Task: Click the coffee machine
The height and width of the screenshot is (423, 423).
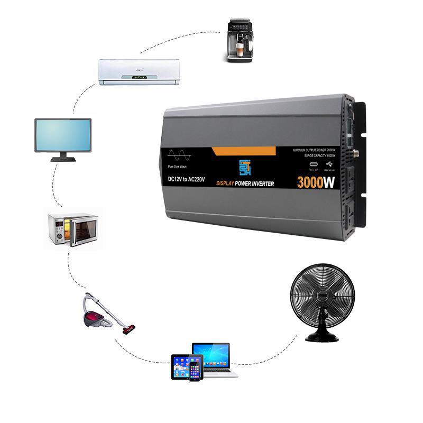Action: click(240, 40)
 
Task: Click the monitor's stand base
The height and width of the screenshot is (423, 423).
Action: click(63, 159)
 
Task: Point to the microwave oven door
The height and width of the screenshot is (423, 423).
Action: click(82, 231)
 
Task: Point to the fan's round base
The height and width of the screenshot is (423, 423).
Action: click(322, 337)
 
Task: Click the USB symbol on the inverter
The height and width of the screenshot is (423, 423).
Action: click(330, 164)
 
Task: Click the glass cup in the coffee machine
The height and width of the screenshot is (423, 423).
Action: click(241, 51)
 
